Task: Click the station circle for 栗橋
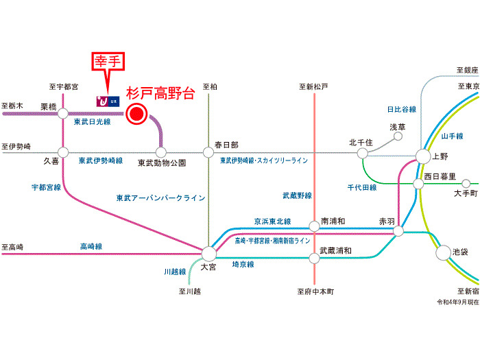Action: coord(63,113)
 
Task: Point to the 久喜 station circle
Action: coord(63,152)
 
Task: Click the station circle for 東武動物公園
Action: coord(162,152)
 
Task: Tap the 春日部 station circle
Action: coord(208,152)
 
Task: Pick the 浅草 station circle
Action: coord(398,136)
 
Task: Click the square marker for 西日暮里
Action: coord(418,184)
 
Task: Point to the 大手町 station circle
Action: coord(466,184)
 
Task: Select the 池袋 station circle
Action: coord(443,253)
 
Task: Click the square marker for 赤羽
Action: coord(398,232)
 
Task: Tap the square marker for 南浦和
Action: coord(314,225)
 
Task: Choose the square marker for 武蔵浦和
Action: coord(314,257)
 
